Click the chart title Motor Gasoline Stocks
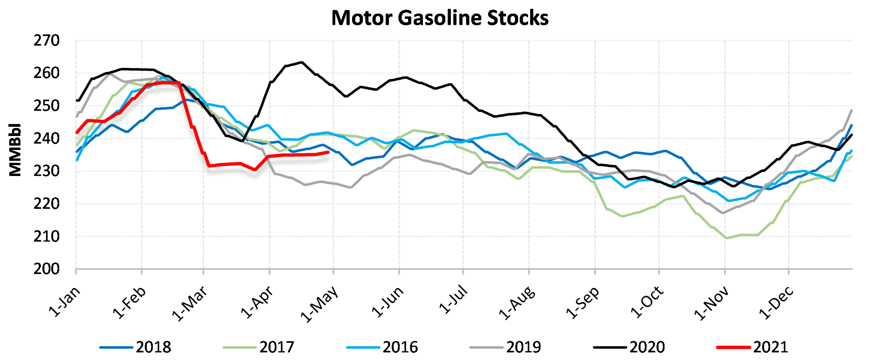pyautogui.click(x=440, y=18)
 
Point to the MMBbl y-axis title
pyautogui.click(x=15, y=150)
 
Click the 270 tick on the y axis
pyautogui.click(x=46, y=41)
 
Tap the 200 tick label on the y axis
pyautogui.click(x=46, y=269)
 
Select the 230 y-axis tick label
pyautogui.click(x=46, y=171)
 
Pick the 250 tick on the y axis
pyautogui.click(x=46, y=106)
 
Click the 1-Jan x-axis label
pyautogui.click(x=64, y=302)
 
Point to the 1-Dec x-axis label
pyautogui.click(x=776, y=303)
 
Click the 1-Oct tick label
pyautogui.click(x=647, y=302)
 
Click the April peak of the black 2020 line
pyautogui.click(x=301, y=62)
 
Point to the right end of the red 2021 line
pyautogui.click(x=328, y=152)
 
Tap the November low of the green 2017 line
pyautogui.click(x=727, y=238)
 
